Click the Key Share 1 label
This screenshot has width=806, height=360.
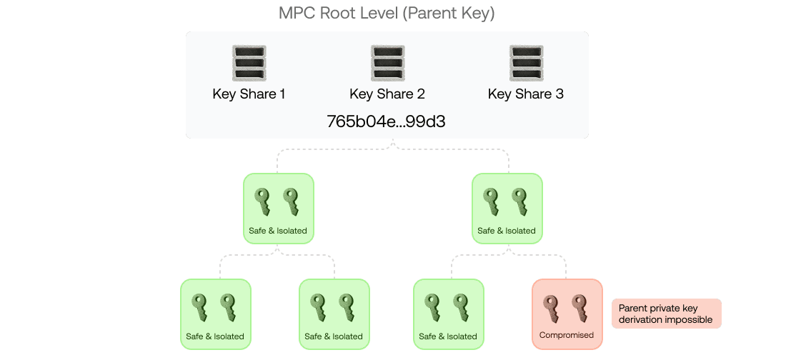click(x=249, y=94)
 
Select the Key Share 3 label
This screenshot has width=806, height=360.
click(x=525, y=94)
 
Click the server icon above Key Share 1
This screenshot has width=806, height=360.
click(x=249, y=63)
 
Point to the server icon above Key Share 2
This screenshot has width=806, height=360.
click(x=388, y=63)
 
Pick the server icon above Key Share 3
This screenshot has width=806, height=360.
click(x=526, y=63)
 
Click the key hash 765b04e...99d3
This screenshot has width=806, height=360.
click(x=386, y=121)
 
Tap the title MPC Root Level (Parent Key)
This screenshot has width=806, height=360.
click(x=387, y=14)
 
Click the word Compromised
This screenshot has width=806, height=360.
click(x=567, y=335)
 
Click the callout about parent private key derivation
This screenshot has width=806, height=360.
click(x=666, y=314)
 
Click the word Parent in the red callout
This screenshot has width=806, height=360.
click(x=633, y=308)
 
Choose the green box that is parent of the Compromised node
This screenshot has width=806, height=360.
click(x=507, y=208)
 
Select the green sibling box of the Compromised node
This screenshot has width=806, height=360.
click(x=448, y=314)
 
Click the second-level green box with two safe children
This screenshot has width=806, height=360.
click(x=278, y=208)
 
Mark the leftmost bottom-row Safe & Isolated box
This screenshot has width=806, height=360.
click(x=215, y=314)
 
